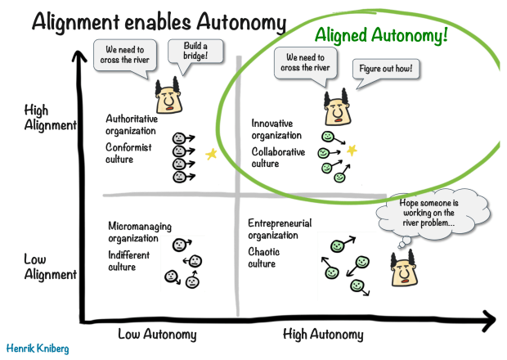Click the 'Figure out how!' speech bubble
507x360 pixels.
tap(385, 68)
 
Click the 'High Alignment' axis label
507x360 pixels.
tap(50, 118)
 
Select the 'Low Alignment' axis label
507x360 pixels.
tap(50, 267)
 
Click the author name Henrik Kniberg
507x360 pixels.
tap(38, 348)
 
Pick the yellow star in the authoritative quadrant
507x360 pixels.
tap(211, 154)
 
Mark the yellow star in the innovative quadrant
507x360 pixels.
tap(352, 151)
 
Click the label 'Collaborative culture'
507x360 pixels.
tap(278, 157)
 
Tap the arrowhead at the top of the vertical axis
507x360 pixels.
tap(79, 57)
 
